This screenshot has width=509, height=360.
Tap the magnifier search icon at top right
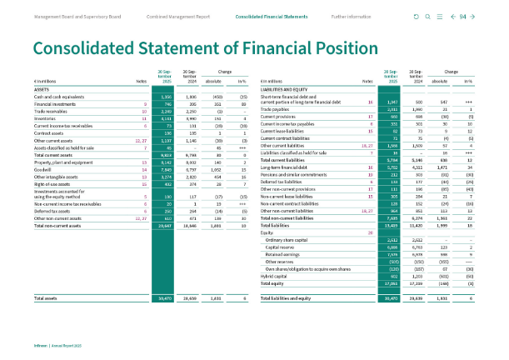(427, 17)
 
